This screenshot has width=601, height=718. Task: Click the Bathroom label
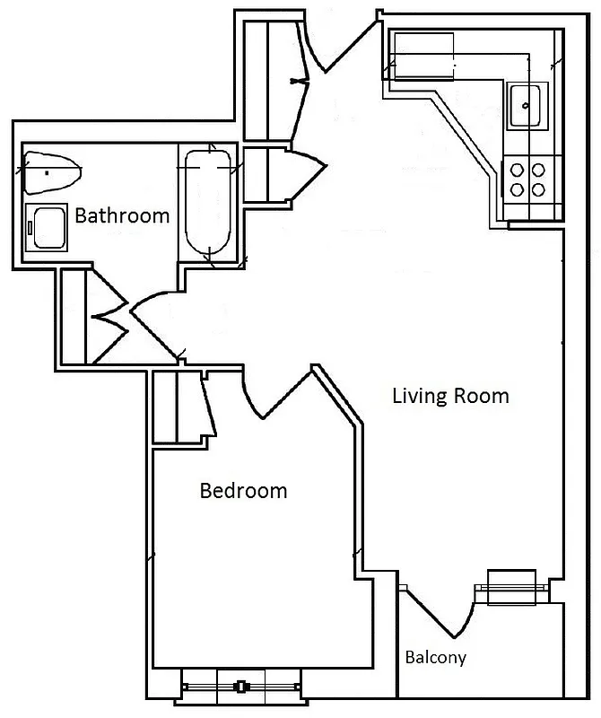pyautogui.click(x=122, y=215)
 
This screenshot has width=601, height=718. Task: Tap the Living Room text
pyautogui.click(x=450, y=395)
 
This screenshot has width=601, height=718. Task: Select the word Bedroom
pyautogui.click(x=243, y=491)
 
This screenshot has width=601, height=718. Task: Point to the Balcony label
pyautogui.click(x=436, y=658)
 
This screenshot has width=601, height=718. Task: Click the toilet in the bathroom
pyautogui.click(x=51, y=171)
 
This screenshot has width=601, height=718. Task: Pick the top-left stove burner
pyautogui.click(x=518, y=168)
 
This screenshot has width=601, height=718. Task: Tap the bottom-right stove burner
pyautogui.click(x=539, y=188)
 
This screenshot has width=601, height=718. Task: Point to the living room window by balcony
pyautogui.click(x=510, y=588)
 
